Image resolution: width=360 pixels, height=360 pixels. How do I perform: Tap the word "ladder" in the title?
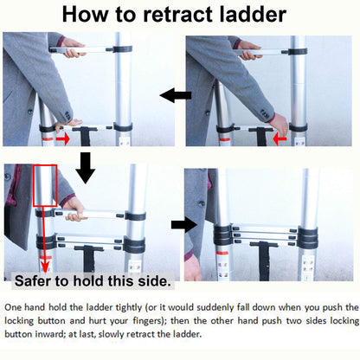[x=253, y=14]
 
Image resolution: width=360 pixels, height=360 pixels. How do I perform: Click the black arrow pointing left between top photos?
[x=176, y=95]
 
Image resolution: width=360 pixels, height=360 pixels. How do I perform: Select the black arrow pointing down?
[x=85, y=168]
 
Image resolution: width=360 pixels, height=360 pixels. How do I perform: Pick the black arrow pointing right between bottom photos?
[x=184, y=225]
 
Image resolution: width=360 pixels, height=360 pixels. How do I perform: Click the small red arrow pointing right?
[x=63, y=139]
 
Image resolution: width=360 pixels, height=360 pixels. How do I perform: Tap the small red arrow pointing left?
[x=280, y=139]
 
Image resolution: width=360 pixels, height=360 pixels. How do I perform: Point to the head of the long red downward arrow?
[x=45, y=266]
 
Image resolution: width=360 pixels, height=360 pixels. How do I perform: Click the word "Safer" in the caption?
[x=33, y=280]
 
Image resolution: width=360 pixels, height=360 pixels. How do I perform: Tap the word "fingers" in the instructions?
[x=147, y=321]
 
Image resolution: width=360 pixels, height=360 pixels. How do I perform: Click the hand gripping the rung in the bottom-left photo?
[x=74, y=209]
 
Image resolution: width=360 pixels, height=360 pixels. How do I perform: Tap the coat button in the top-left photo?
[x=29, y=112]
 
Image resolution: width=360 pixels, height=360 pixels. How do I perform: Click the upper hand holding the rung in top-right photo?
[x=249, y=50]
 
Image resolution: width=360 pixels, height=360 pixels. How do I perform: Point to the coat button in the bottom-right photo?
[x=202, y=203]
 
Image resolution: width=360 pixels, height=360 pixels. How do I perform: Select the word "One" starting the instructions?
[x=13, y=307]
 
